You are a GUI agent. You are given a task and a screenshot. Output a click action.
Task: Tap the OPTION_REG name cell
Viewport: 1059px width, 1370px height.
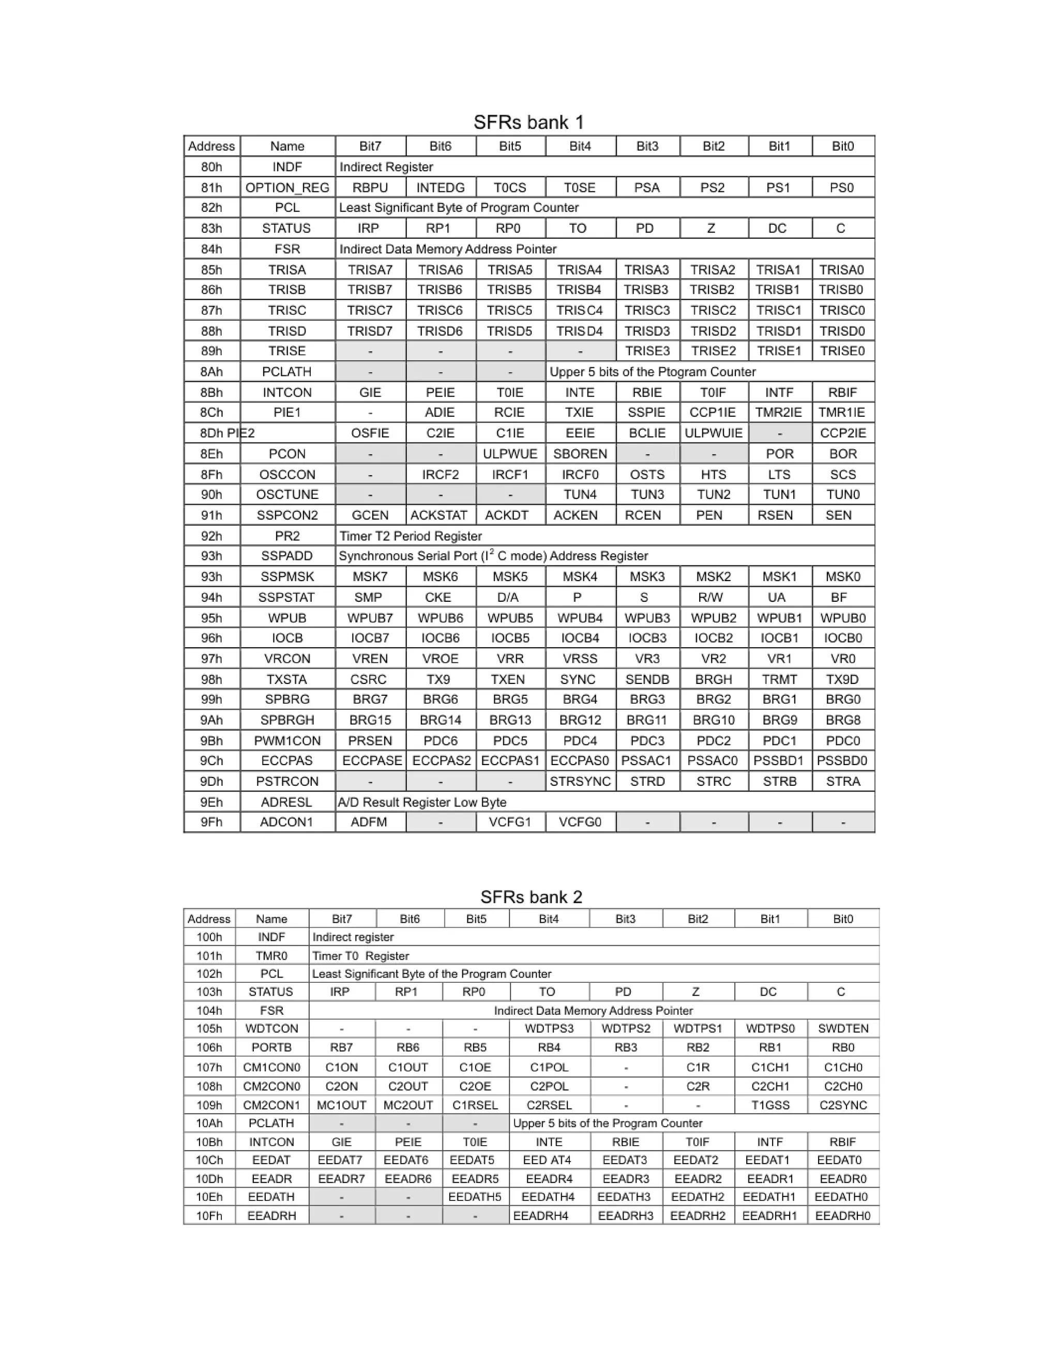pyautogui.click(x=288, y=188)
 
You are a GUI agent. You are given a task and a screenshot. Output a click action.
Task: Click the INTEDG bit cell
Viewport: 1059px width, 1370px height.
pyautogui.click(x=441, y=188)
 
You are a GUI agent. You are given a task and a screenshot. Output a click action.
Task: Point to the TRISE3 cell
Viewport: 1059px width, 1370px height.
pyautogui.click(x=647, y=351)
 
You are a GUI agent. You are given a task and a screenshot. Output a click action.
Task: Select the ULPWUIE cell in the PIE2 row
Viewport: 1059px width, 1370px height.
pyautogui.click(x=713, y=433)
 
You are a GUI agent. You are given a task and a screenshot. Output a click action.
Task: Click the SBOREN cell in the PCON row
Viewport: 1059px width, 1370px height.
pyautogui.click(x=580, y=453)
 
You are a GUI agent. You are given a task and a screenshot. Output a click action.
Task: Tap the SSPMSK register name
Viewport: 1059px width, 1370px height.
pyautogui.click(x=288, y=576)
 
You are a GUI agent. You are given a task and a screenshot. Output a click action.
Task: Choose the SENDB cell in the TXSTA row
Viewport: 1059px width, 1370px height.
pyautogui.click(x=647, y=679)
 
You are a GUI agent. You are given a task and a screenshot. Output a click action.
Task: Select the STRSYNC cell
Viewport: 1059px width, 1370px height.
pyautogui.click(x=580, y=781)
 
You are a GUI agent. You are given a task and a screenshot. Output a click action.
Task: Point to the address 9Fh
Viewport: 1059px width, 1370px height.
pyautogui.click(x=211, y=822)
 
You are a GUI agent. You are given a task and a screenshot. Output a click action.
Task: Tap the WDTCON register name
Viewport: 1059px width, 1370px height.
pyautogui.click(x=271, y=1028)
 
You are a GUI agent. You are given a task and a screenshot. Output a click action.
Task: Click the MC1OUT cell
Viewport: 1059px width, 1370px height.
pyautogui.click(x=341, y=1105)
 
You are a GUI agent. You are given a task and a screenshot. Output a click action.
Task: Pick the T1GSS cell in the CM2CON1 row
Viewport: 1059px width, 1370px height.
pyautogui.click(x=770, y=1105)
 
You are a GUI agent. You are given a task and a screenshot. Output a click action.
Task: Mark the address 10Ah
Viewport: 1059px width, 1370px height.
pyautogui.click(x=209, y=1123)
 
